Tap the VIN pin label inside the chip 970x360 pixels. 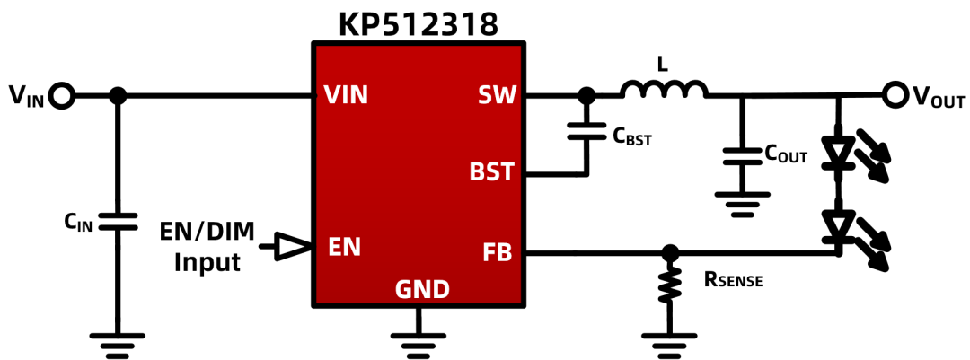point(346,95)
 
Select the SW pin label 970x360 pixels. point(496,95)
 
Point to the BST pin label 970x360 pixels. point(492,171)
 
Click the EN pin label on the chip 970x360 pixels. point(343,248)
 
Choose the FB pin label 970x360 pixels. point(498,252)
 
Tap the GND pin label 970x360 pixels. point(422,289)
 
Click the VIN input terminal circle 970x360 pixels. point(63,96)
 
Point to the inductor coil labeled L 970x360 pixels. point(664,89)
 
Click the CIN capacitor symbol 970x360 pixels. point(116,222)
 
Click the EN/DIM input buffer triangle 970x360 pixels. point(289,246)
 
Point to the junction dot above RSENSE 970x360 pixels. point(669,252)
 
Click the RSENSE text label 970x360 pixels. point(734,279)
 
